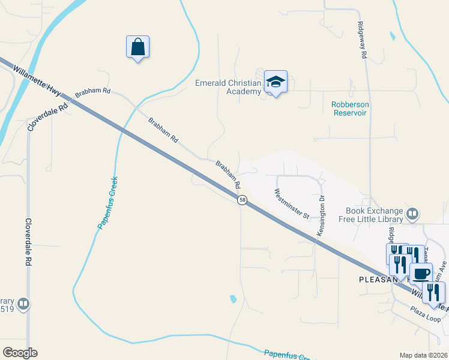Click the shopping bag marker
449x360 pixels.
137,47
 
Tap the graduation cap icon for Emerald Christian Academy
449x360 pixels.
276,82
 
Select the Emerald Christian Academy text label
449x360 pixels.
228,87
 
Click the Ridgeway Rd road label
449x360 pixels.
362,40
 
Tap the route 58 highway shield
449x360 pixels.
242,200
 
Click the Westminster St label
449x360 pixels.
291,204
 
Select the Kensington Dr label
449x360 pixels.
322,215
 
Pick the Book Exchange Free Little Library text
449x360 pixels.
375,215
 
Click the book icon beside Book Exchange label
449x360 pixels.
412,214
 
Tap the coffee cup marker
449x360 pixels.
421,273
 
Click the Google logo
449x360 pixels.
19,353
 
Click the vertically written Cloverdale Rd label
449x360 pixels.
28,242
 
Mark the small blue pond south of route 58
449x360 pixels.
232,298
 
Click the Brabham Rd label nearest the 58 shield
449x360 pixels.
228,172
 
